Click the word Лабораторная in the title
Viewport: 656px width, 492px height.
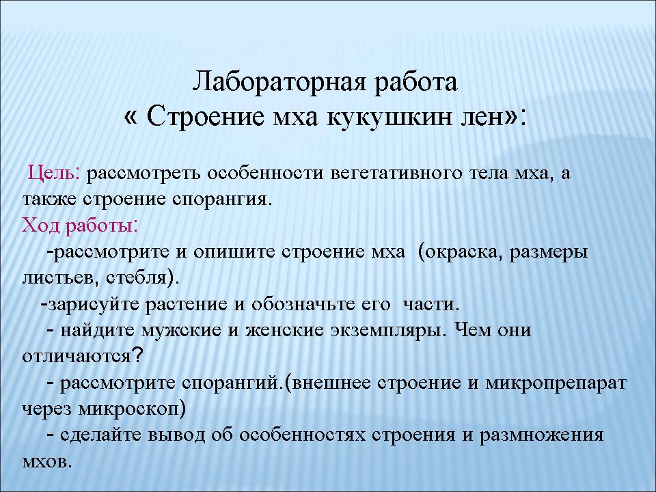pyautogui.click(x=280, y=83)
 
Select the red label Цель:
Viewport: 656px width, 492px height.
pyautogui.click(x=54, y=172)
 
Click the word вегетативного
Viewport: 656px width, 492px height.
pyautogui.click(x=396, y=173)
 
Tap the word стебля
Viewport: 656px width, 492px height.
pyautogui.click(x=139, y=278)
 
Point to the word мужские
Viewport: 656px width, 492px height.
pyautogui.click(x=181, y=331)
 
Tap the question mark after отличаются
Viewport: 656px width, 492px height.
pyautogui.click(x=138, y=355)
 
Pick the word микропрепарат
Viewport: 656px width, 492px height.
pyautogui.click(x=556, y=383)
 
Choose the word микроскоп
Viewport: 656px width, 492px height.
pyautogui.click(x=130, y=409)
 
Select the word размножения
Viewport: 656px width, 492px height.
pyautogui.click(x=541, y=435)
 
